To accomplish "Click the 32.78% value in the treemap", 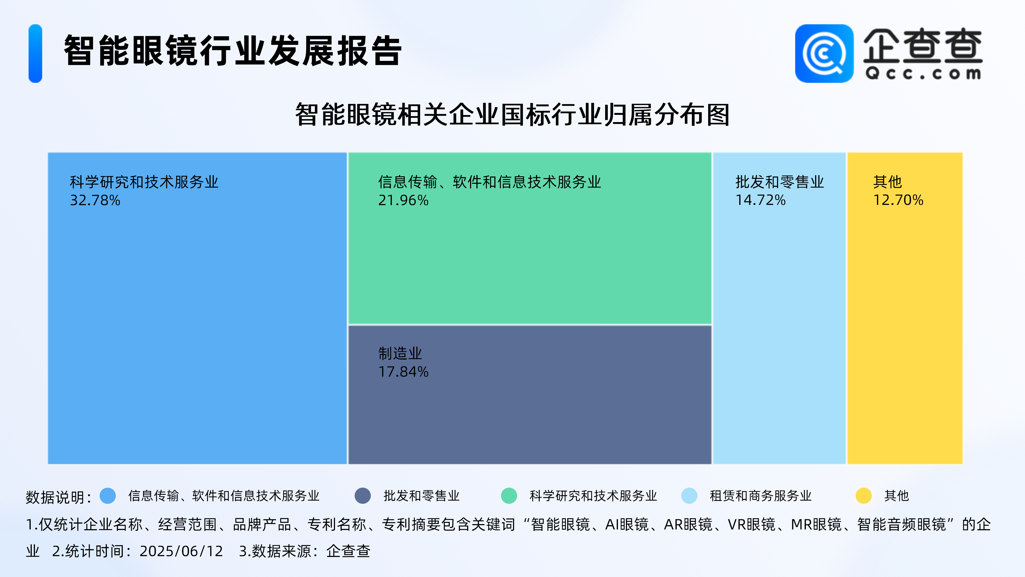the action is [x=95, y=200].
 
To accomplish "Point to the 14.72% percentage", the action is [x=760, y=200].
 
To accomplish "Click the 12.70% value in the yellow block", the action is [x=898, y=200].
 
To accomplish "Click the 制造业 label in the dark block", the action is [x=400, y=353].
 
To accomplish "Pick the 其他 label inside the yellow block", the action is [x=887, y=182].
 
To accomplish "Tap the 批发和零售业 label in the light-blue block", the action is [x=779, y=182].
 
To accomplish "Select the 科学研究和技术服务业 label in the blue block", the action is [x=144, y=182].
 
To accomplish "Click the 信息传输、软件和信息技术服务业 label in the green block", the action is [x=490, y=182].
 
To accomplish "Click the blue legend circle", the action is [x=108, y=496].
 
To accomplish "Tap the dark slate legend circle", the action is [x=362, y=496].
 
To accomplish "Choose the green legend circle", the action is [x=509, y=496].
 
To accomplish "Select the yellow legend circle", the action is [x=864, y=496].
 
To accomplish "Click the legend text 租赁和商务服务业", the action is [x=760, y=496].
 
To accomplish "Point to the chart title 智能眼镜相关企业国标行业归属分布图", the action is [x=512, y=115].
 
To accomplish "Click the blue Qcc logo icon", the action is [x=824, y=53].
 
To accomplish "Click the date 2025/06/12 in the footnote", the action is [x=182, y=551].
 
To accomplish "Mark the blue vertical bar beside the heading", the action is [x=36, y=53].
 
